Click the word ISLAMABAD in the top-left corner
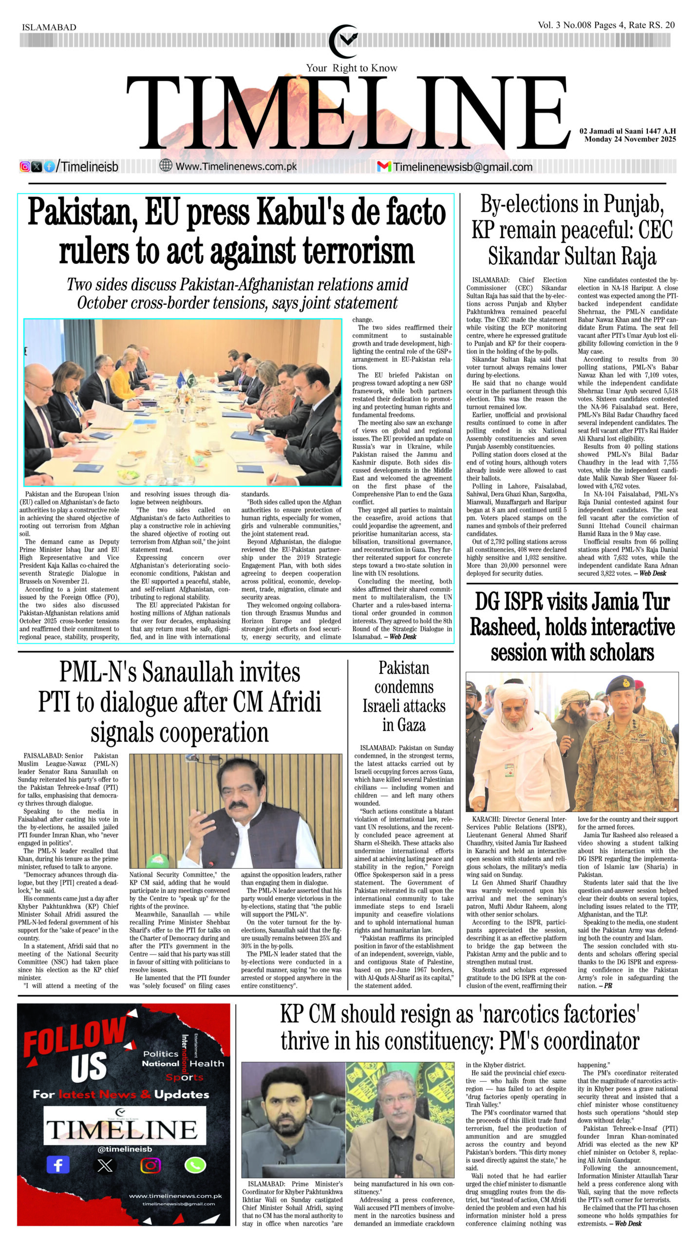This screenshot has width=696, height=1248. (x=49, y=27)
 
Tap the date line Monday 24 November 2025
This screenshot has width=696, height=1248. (x=630, y=139)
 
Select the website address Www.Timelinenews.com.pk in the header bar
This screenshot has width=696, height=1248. (x=236, y=166)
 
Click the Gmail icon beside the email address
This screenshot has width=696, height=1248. (x=384, y=167)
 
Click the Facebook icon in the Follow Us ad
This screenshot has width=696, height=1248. (x=57, y=1166)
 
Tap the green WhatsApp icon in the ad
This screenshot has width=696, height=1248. (x=195, y=1166)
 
